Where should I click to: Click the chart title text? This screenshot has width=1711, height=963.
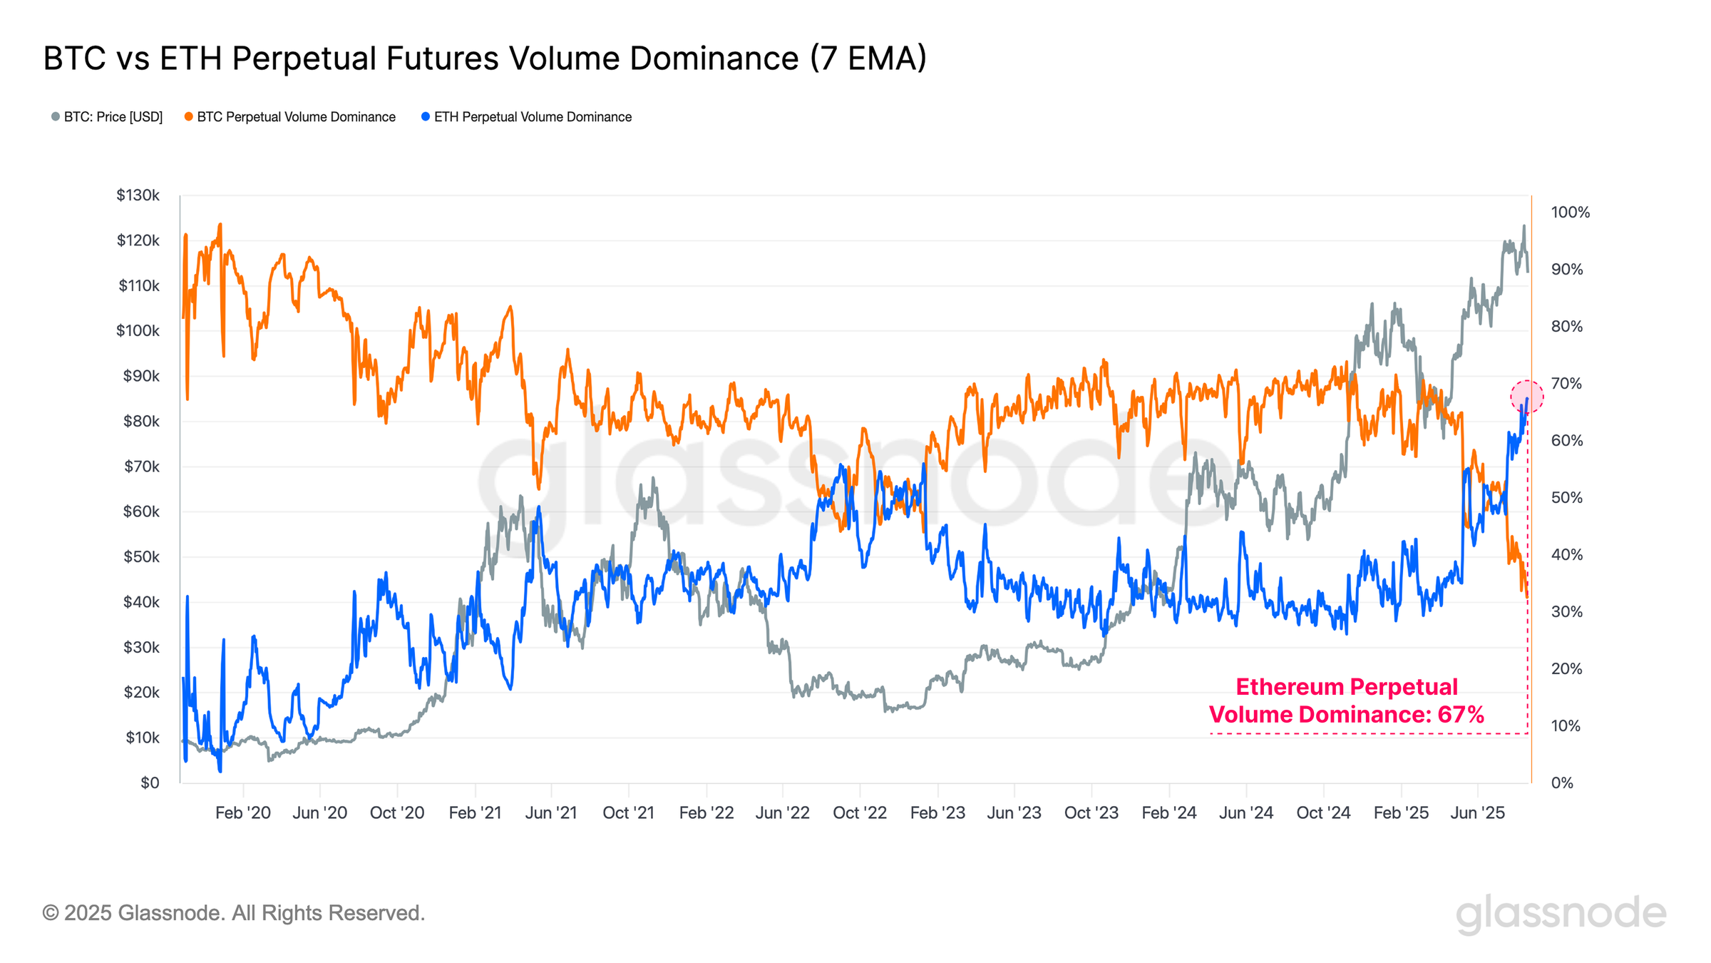click(x=485, y=58)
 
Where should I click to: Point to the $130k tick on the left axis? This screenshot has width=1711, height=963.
click(x=138, y=195)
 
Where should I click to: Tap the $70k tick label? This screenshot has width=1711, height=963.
click(x=141, y=467)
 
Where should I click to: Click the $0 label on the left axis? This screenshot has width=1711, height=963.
click(x=150, y=783)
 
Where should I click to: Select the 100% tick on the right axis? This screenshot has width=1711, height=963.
click(x=1570, y=213)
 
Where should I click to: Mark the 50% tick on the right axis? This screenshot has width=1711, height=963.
click(x=1566, y=498)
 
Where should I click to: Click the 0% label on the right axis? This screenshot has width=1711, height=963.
click(x=1562, y=783)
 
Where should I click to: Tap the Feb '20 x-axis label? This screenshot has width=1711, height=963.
click(x=243, y=812)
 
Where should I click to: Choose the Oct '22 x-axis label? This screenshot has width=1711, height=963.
click(x=860, y=812)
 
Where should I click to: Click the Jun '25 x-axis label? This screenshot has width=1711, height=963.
click(x=1478, y=812)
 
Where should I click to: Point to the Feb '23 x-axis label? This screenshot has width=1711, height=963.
click(x=937, y=812)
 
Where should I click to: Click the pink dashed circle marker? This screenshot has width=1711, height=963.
click(x=1527, y=397)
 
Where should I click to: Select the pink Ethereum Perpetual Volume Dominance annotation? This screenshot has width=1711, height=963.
click(x=1346, y=700)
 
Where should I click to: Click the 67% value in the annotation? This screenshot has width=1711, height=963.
click(x=1460, y=715)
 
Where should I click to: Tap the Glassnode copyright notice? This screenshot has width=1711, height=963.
click(x=234, y=913)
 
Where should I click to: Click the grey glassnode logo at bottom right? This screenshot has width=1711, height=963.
click(x=1561, y=914)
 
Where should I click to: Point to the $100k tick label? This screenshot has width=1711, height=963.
click(x=138, y=331)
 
